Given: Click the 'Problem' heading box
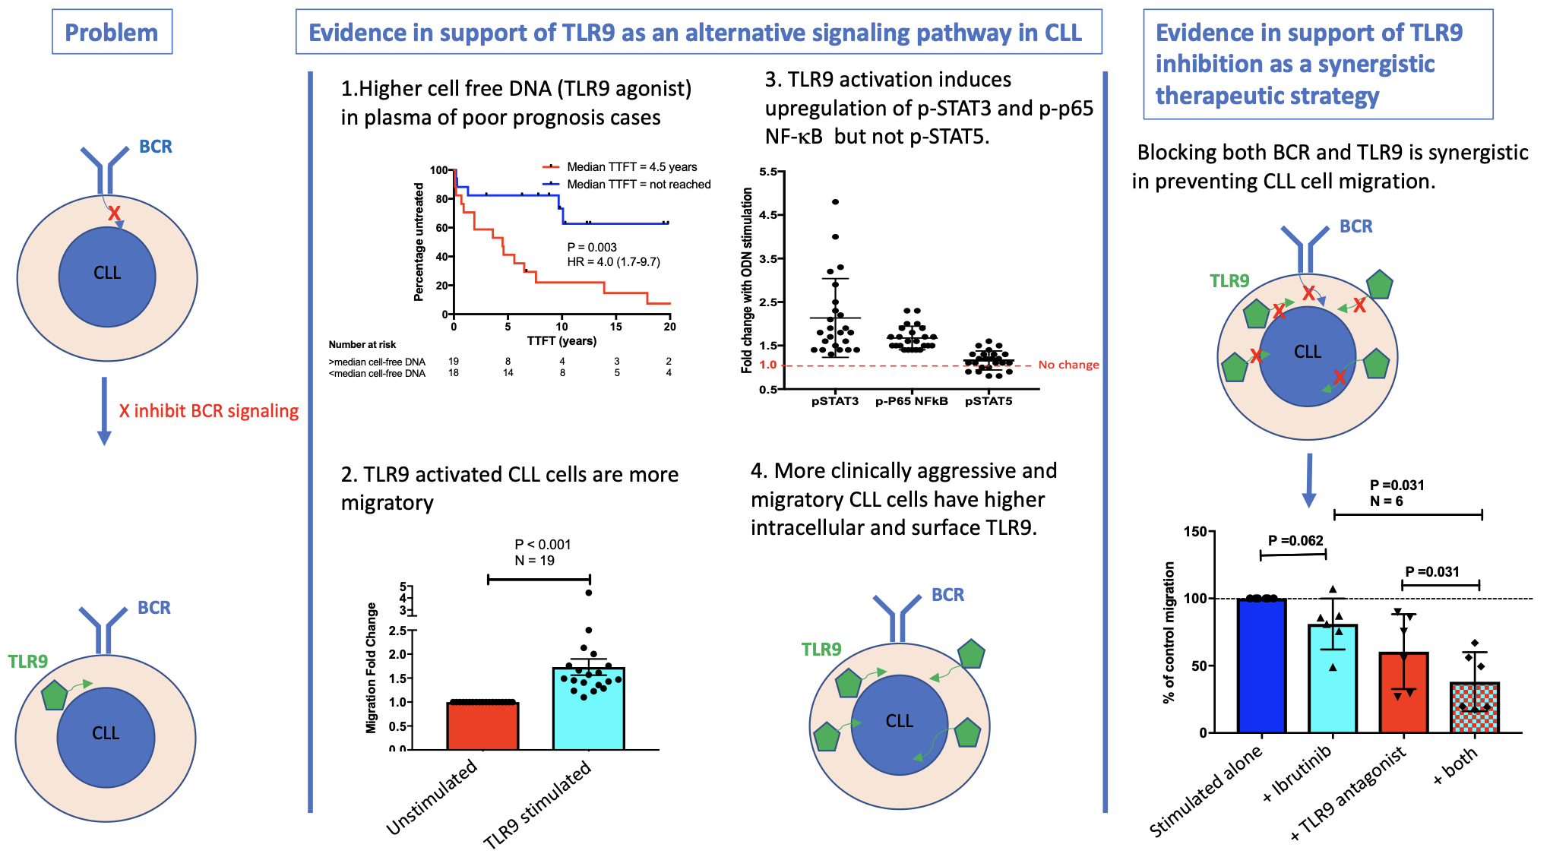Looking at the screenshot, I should (x=112, y=32).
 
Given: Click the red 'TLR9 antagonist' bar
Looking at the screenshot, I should (x=1403, y=692).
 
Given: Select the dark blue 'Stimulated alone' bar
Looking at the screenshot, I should (x=1261, y=666).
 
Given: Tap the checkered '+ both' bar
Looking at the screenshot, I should (x=1474, y=707).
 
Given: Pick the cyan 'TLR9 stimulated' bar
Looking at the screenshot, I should (x=588, y=709).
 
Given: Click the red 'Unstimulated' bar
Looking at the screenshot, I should (x=482, y=726).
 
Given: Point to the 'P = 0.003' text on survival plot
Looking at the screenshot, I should (x=592, y=247).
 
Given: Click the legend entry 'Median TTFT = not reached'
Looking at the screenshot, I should (x=638, y=184).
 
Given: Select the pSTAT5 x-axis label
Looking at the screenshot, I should (x=989, y=401).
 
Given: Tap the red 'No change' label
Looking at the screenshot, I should (x=1068, y=365).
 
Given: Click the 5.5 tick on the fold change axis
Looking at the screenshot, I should (x=768, y=172).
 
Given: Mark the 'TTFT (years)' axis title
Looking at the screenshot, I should (x=561, y=340).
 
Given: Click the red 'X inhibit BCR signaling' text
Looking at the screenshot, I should (x=208, y=411).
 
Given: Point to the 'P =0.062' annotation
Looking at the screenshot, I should (x=1295, y=540).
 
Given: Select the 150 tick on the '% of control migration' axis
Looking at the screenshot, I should (x=1195, y=531).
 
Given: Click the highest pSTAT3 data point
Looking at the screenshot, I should (x=835, y=202).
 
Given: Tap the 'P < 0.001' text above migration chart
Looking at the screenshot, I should (x=542, y=544).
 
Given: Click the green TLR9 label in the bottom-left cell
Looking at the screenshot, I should (x=28, y=661).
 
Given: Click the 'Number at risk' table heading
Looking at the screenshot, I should (x=362, y=345).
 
